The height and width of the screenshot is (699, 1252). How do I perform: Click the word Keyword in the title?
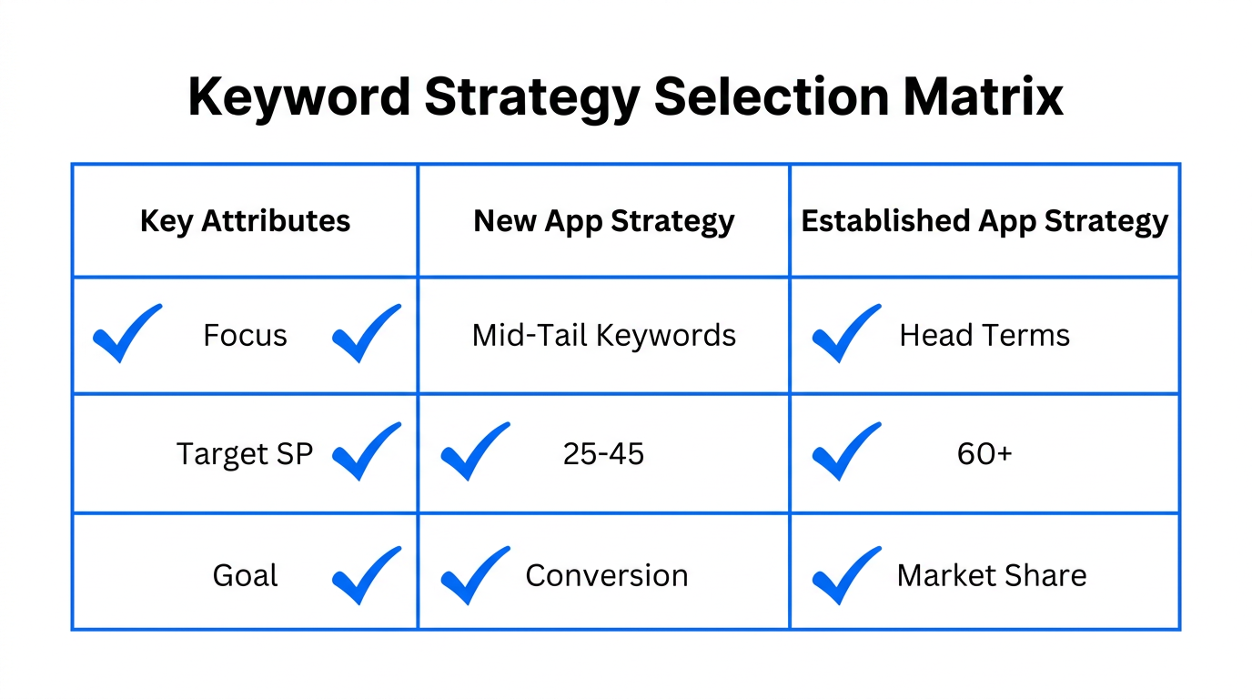click(x=298, y=96)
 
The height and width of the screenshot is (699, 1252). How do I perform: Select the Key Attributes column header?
click(x=245, y=221)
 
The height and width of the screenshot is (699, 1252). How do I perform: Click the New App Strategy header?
click(x=604, y=221)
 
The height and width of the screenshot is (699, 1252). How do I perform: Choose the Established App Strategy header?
click(x=984, y=221)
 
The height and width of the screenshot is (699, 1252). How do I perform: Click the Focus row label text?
click(x=245, y=336)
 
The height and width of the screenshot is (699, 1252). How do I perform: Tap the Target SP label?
click(x=245, y=453)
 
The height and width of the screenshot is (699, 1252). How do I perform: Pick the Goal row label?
click(x=245, y=575)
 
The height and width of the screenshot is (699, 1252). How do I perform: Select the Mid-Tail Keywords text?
click(x=604, y=336)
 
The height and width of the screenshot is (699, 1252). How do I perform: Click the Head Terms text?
click(x=984, y=336)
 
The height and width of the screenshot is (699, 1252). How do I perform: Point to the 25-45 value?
click(x=604, y=453)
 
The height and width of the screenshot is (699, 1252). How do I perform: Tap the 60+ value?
click(x=984, y=453)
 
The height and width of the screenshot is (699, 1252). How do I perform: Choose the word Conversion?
click(x=607, y=575)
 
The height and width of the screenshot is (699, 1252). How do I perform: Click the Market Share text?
click(x=992, y=575)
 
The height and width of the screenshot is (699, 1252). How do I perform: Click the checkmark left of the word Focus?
click(x=126, y=333)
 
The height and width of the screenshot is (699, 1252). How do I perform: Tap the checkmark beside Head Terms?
click(x=845, y=333)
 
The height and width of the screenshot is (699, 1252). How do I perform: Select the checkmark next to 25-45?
click(x=474, y=451)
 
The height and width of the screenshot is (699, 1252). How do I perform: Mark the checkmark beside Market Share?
click(x=845, y=575)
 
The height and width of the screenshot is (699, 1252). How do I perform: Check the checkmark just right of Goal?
click(x=366, y=575)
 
